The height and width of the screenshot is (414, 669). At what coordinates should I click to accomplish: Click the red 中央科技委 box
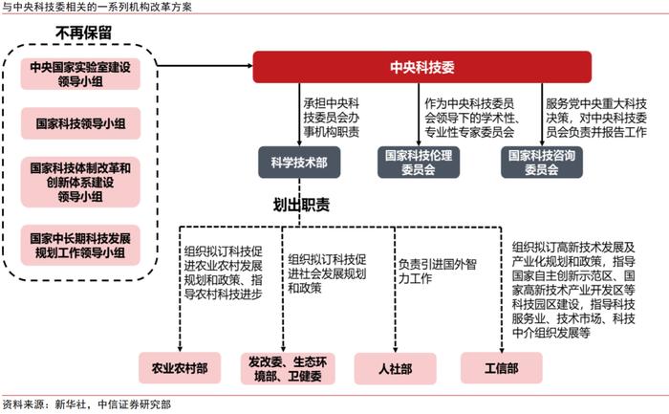[x=422, y=67]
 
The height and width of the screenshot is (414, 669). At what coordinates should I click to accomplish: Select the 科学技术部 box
[x=299, y=163]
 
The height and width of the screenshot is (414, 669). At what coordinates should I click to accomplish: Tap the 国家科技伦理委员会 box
[x=419, y=163]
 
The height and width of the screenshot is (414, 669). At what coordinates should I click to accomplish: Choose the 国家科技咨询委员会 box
[x=542, y=163]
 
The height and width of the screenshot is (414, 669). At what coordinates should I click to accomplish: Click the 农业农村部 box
[x=180, y=368]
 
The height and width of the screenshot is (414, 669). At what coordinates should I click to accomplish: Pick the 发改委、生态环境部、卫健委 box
[x=288, y=368]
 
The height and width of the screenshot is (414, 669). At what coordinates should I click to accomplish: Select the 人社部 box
[x=395, y=368]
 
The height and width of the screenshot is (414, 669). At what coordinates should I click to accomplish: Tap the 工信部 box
[x=502, y=368]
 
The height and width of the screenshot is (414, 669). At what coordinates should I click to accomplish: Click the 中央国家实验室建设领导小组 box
[x=80, y=74]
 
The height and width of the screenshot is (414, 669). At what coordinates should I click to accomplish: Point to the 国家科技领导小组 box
[x=80, y=123]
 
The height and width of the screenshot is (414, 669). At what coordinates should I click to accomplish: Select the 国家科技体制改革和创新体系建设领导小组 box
[x=80, y=183]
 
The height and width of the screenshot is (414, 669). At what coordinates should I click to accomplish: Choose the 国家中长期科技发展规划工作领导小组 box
[x=80, y=246]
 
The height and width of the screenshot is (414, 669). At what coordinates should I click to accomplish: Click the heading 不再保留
[x=84, y=33]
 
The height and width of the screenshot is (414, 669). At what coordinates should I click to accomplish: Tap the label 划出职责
[x=301, y=205]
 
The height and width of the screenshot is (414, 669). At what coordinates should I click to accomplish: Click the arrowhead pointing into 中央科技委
[x=250, y=66]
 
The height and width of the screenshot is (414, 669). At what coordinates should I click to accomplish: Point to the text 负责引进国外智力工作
[x=438, y=272]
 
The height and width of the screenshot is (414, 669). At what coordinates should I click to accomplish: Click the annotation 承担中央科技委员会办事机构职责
[x=332, y=118]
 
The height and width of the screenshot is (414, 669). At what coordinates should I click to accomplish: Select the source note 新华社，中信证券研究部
[x=113, y=404]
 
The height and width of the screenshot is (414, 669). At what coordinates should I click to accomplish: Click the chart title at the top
[x=97, y=7]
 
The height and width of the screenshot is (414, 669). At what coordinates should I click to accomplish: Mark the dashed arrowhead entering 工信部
[x=502, y=350]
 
